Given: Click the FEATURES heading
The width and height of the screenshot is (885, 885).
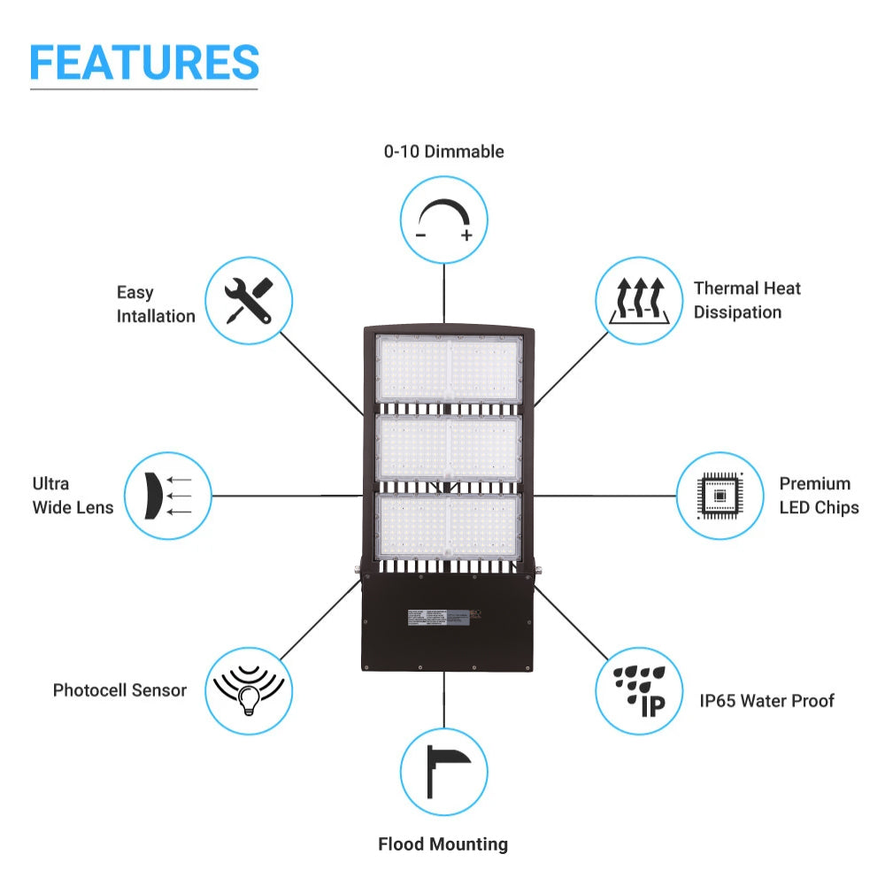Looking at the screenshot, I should pyautogui.click(x=144, y=62).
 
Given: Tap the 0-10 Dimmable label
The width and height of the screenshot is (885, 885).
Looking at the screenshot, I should pyautogui.click(x=443, y=151).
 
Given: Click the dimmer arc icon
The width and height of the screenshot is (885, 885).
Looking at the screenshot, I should pyautogui.click(x=444, y=219).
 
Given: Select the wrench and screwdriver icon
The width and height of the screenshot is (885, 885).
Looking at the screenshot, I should pyautogui.click(x=249, y=299).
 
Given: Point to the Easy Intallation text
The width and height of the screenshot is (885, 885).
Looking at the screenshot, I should pyautogui.click(x=156, y=304).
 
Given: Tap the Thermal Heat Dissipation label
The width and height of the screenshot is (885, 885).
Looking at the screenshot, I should pyautogui.click(x=747, y=300).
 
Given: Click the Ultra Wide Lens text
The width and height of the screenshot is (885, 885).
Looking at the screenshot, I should pyautogui.click(x=73, y=496).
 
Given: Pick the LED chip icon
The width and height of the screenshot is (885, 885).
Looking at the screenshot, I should pyautogui.click(x=719, y=496).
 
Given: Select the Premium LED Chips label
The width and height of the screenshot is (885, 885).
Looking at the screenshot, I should pyautogui.click(x=819, y=496).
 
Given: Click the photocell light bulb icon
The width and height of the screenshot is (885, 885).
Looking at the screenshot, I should pyautogui.click(x=249, y=691).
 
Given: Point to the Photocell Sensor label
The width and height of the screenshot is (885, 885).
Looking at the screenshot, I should pyautogui.click(x=119, y=690).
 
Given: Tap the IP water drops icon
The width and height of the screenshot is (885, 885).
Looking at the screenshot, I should pyautogui.click(x=638, y=691).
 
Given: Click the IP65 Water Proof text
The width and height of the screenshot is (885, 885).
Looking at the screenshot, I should pyautogui.click(x=766, y=701).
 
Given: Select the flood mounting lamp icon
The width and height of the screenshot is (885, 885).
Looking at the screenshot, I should pyautogui.click(x=443, y=771).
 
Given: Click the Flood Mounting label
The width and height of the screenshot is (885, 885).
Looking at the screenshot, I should pyautogui.click(x=442, y=844).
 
